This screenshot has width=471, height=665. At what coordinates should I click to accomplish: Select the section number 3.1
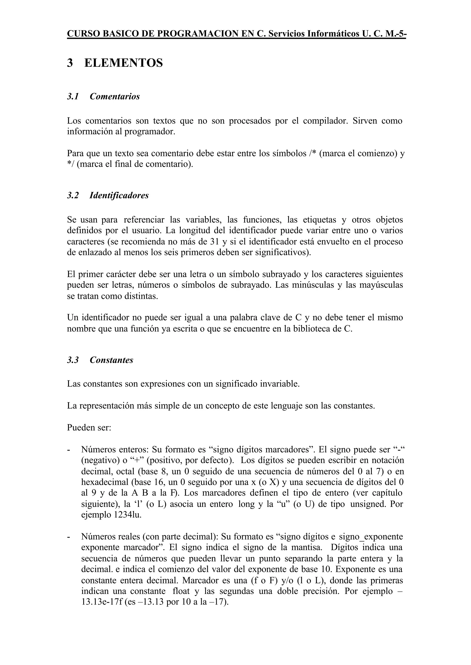click(x=73, y=96)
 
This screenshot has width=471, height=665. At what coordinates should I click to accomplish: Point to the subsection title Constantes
click(x=111, y=360)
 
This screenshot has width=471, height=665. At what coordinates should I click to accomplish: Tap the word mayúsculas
click(x=381, y=285)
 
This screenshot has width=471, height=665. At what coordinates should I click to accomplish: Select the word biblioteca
click(x=315, y=329)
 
